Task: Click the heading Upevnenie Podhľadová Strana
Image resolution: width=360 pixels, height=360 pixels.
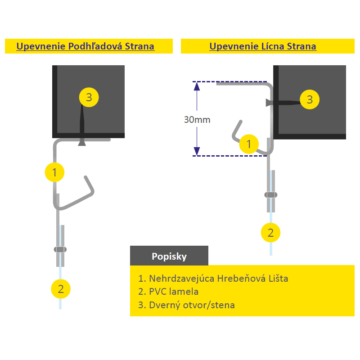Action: pyautogui.click(x=85, y=46)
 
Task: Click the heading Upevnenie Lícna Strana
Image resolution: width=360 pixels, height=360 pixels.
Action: pyautogui.click(x=263, y=46)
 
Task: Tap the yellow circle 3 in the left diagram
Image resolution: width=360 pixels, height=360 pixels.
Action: pyautogui.click(x=89, y=97)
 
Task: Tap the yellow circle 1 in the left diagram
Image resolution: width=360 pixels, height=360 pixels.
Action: pyautogui.click(x=54, y=172)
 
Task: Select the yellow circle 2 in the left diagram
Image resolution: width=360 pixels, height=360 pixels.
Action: pyautogui.click(x=61, y=288)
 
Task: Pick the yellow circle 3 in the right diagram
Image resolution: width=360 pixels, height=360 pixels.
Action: pyautogui.click(x=310, y=99)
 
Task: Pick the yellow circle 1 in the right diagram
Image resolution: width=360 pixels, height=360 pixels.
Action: pyautogui.click(x=248, y=144)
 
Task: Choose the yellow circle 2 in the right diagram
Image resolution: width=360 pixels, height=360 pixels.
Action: pyautogui.click(x=270, y=233)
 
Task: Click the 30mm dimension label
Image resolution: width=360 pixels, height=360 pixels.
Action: pyautogui.click(x=197, y=120)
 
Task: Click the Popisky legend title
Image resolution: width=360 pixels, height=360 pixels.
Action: pyautogui.click(x=169, y=256)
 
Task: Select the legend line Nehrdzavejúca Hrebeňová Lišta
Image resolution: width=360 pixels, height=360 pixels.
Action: pyautogui.click(x=213, y=278)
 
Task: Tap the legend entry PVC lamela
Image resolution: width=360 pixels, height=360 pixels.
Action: pyautogui.click(x=169, y=292)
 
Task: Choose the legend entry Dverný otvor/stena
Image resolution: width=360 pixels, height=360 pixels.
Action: pyautogui.click(x=187, y=305)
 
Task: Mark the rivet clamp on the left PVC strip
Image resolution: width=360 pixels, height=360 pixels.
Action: pyautogui.click(x=60, y=249)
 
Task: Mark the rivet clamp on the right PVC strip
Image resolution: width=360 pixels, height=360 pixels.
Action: pyautogui.click(x=270, y=195)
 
